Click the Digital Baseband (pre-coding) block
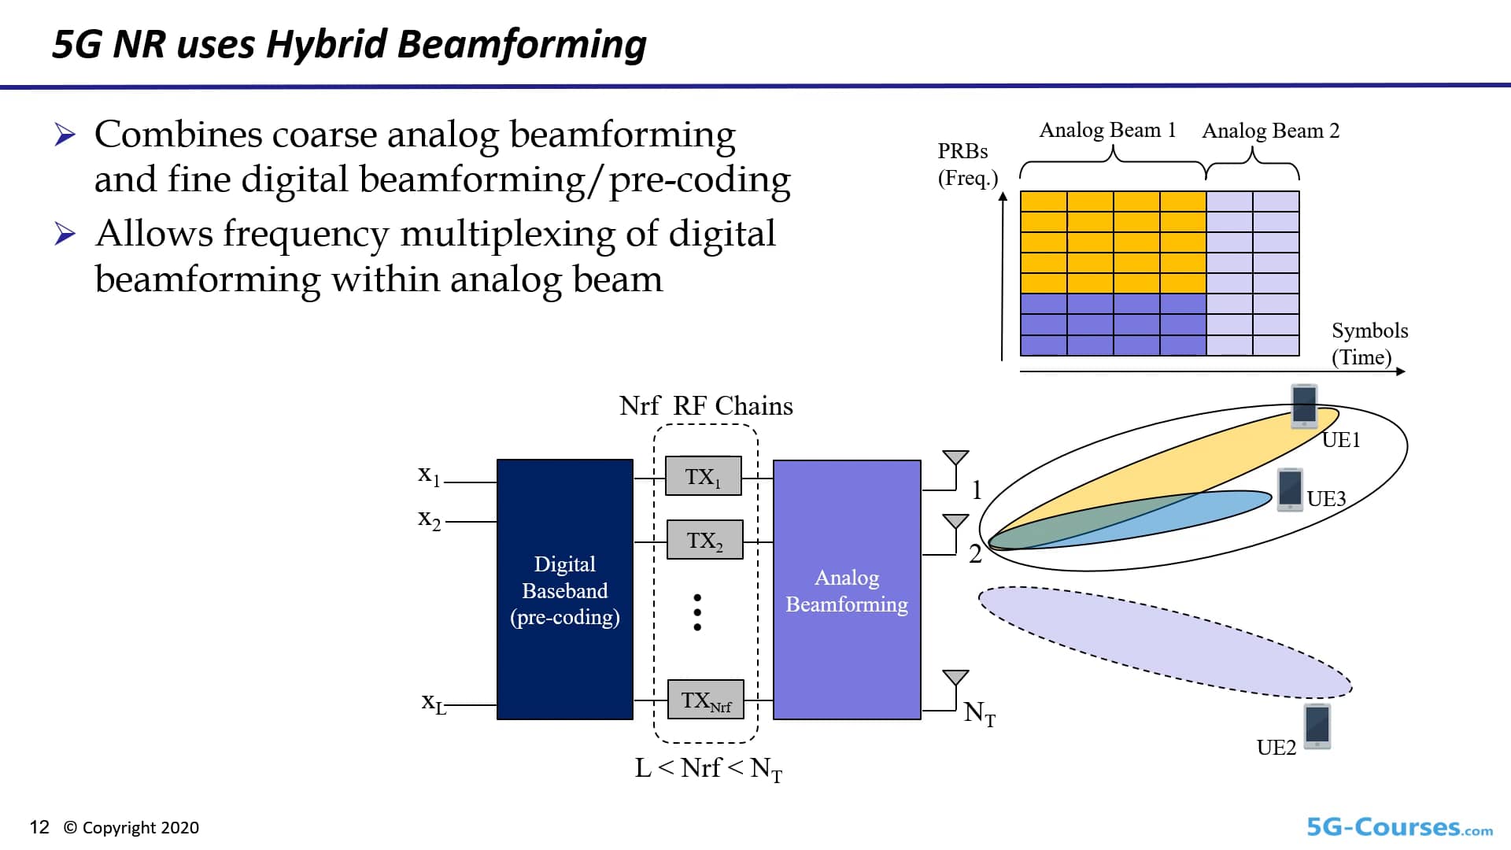[x=564, y=589]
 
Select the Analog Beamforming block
[x=847, y=589]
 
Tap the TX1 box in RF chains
[x=703, y=476]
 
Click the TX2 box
[x=704, y=540]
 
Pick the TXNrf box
[x=705, y=700]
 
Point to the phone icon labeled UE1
[x=1304, y=405]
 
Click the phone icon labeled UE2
[x=1317, y=726]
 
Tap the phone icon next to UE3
[x=1290, y=489]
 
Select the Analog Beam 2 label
[x=1270, y=131]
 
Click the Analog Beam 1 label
[x=1107, y=130]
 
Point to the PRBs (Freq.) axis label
[x=966, y=164]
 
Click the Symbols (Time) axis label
[x=1369, y=344]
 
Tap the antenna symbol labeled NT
[x=955, y=679]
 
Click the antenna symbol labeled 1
[x=955, y=459]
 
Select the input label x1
[x=429, y=475]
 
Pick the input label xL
[x=433, y=701]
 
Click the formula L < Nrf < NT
[x=708, y=768]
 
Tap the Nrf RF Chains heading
[x=706, y=406]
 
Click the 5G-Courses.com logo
[x=1399, y=827]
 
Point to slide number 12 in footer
[x=39, y=827]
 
